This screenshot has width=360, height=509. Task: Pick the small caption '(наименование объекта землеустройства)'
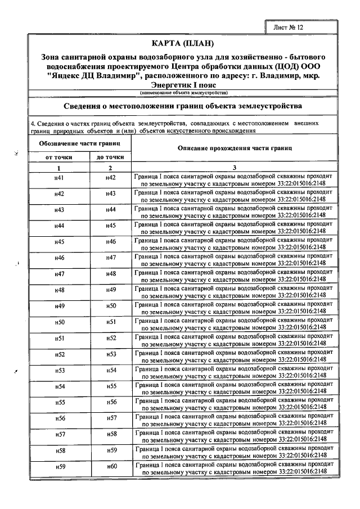click(183, 92)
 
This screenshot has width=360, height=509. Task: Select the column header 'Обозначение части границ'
click(79, 144)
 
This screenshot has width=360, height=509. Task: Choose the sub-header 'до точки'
click(111, 158)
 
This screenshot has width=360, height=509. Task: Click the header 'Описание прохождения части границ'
click(235, 148)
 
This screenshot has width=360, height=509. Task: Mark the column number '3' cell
click(235, 168)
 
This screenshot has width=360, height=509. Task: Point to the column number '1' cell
click(58, 168)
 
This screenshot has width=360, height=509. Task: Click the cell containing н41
click(58, 178)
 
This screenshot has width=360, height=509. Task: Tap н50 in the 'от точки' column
click(58, 322)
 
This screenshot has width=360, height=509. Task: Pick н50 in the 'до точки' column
click(111, 306)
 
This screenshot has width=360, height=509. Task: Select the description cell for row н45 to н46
click(235, 242)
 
